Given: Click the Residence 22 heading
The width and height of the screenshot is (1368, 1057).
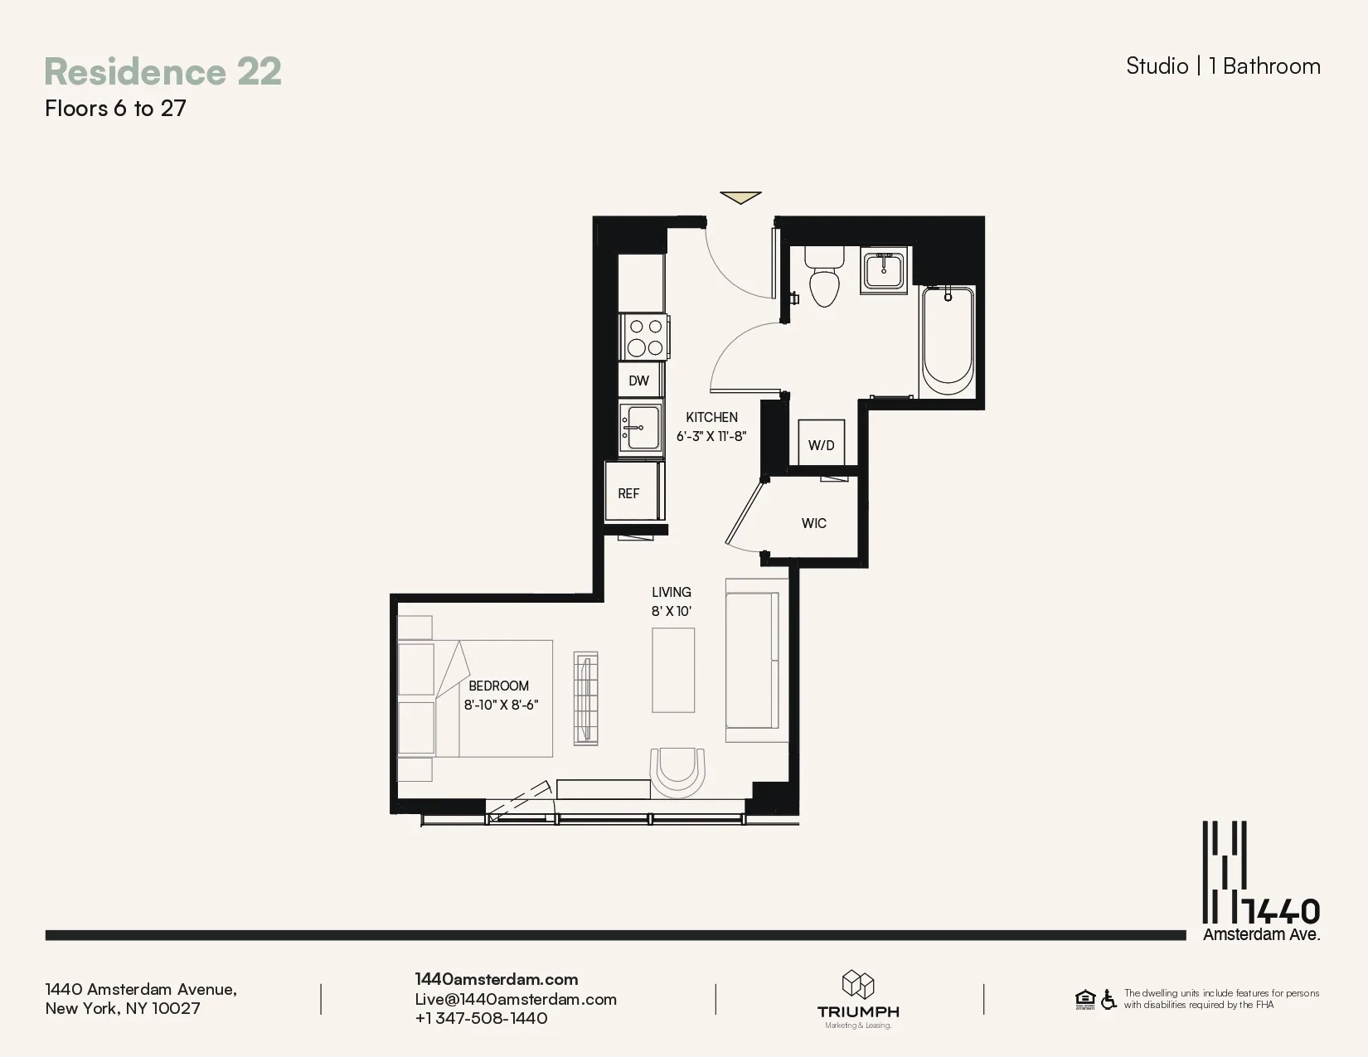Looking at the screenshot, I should tap(163, 71).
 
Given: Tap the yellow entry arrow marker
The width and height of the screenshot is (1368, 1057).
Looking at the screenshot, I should tap(740, 197).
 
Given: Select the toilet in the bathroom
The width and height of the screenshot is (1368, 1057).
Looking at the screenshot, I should tap(823, 278).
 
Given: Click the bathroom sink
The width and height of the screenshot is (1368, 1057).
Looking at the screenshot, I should tap(884, 269).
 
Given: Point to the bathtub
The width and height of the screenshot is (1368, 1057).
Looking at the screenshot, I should tap(948, 340).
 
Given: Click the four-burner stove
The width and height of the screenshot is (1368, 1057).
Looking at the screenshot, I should tap(645, 337).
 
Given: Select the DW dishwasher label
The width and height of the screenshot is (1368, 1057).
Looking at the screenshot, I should tap(638, 381).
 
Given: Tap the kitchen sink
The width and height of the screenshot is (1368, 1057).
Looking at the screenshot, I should tap(641, 427).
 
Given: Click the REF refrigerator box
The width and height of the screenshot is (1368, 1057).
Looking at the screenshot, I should tap(629, 493).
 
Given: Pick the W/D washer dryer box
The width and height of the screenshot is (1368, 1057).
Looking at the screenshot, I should tap(821, 444).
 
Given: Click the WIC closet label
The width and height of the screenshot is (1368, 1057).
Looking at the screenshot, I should tap(813, 523).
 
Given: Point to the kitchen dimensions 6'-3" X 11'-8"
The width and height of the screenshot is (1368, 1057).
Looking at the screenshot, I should tap(711, 436).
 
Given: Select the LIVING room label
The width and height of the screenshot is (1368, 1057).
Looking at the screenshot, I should tap(671, 592).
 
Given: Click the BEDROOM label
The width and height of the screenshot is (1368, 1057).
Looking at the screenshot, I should tap(498, 686).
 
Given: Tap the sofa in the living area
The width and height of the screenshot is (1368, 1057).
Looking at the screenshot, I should tap(752, 660).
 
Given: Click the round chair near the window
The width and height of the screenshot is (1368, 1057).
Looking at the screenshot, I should tap(677, 771).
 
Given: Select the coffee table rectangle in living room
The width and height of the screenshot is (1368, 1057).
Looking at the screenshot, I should tap(672, 670).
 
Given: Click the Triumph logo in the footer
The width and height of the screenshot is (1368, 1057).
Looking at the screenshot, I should tap(858, 999).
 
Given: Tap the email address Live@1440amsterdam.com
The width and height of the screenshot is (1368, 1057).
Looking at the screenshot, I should tap(516, 999).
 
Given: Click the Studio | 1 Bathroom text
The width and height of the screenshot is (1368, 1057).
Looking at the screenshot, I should tap(1222, 66).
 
